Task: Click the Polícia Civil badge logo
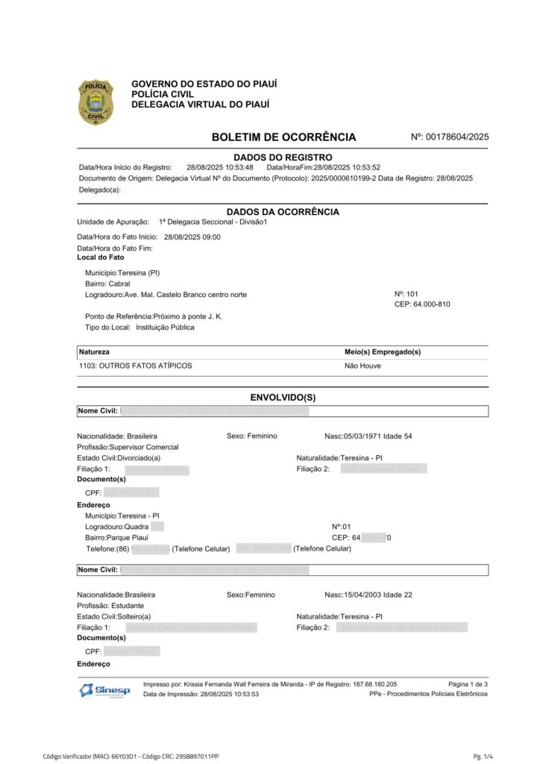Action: point(95,101)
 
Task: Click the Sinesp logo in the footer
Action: point(104,690)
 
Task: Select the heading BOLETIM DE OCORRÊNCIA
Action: point(283,137)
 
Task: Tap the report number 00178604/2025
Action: point(456,137)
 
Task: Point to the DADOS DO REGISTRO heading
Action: point(283,157)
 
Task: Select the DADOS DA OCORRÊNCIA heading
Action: point(283,212)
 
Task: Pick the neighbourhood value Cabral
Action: point(119,284)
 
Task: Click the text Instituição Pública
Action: point(165,327)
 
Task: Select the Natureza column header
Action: point(94,351)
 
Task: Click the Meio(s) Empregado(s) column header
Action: point(382,351)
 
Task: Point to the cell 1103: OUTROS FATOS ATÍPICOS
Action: point(135,366)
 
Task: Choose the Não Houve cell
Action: point(362,366)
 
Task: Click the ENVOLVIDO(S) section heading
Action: point(283,397)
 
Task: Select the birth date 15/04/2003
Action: point(362,595)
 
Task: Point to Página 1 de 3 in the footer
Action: point(468,684)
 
